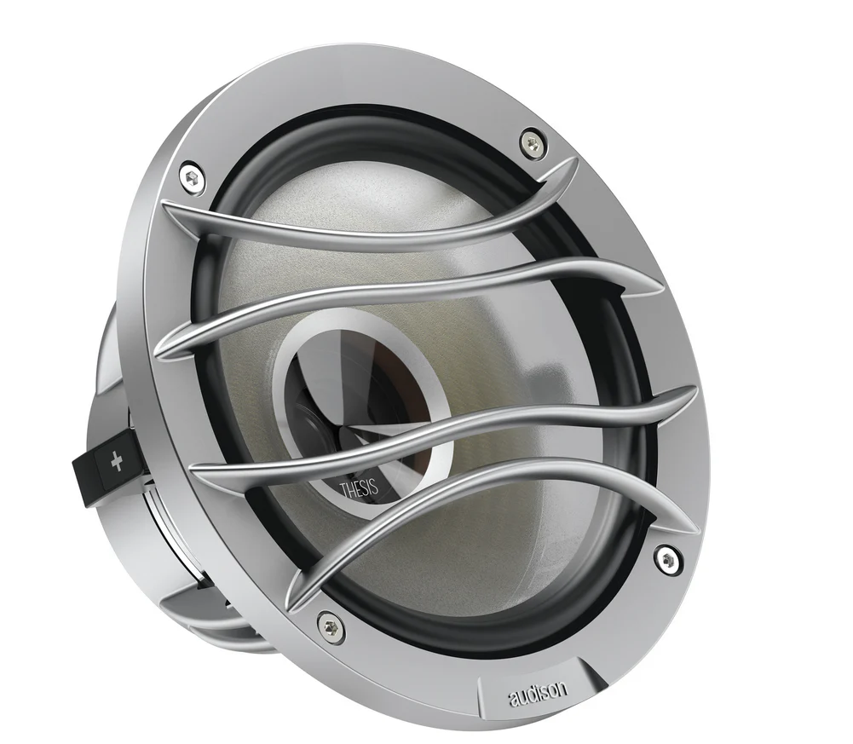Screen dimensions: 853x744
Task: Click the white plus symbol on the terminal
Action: (x=117, y=463)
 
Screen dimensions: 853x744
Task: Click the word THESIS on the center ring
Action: (x=359, y=487)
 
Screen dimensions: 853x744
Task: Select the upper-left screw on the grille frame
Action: (x=192, y=177)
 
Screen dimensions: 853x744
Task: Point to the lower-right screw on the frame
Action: (x=665, y=558)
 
